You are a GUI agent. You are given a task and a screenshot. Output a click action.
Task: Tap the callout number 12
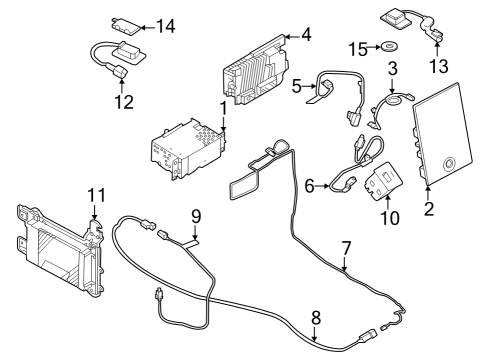(122, 101)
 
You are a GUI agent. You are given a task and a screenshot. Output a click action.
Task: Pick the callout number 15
(355, 47)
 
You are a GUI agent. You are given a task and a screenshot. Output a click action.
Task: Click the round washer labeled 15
(387, 47)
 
